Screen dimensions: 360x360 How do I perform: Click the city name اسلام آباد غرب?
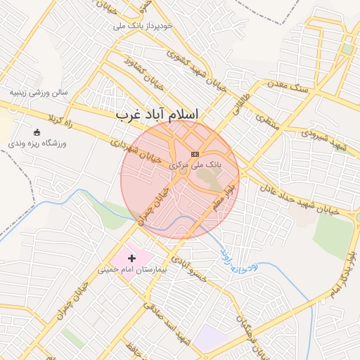(x=157, y=114)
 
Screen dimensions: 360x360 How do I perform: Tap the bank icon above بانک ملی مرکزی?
(x=195, y=154)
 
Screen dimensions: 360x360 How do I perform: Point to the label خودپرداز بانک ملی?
(x=148, y=26)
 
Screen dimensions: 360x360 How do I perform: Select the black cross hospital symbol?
(x=131, y=259)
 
